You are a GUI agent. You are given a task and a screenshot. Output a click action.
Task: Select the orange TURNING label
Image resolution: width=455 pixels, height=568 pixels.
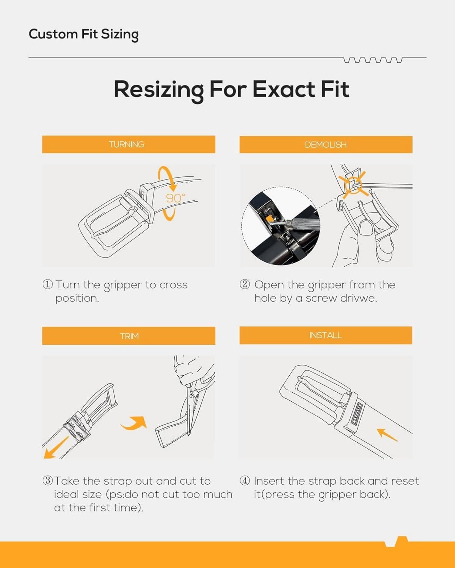click(129, 144)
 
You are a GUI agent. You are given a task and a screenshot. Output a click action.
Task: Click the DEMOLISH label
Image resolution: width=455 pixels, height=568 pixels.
click(326, 144)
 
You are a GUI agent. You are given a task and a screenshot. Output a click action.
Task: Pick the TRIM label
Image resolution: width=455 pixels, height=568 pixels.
click(129, 336)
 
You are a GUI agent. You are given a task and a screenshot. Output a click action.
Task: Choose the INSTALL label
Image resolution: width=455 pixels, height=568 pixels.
click(326, 335)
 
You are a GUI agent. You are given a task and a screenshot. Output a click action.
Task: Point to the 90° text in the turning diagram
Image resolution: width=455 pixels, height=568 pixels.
click(175, 198)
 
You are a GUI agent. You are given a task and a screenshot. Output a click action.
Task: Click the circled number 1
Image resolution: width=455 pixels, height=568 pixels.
click(48, 284)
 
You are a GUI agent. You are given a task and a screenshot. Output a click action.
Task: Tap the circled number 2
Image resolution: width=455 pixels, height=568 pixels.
click(245, 284)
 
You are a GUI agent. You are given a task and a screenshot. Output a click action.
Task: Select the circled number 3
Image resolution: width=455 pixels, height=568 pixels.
click(48, 480)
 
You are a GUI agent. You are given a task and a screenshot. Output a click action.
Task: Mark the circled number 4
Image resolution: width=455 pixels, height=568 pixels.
click(245, 480)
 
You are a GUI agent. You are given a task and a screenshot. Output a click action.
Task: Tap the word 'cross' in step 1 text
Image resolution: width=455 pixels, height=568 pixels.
click(174, 285)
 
